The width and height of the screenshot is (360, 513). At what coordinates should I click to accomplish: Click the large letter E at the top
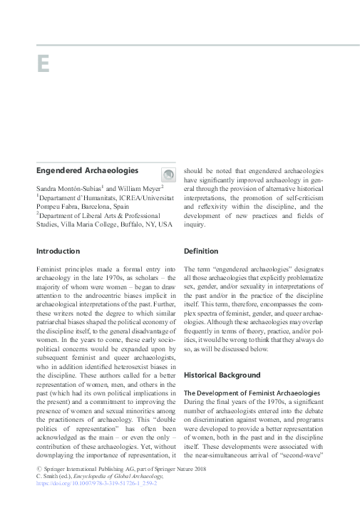coord(43,63)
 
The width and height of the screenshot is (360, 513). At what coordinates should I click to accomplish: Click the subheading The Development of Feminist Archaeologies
coord(250,393)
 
